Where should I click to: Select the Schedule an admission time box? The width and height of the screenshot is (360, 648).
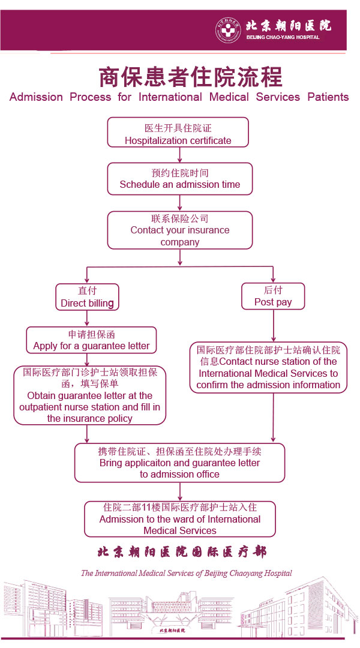pos(179,179)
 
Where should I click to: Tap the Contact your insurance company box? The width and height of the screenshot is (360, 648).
pos(179,230)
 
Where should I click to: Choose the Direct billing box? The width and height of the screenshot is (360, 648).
pos(87,297)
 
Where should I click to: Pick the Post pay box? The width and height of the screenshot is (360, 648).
pos(273,296)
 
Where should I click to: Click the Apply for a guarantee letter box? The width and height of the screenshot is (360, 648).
pos(91,340)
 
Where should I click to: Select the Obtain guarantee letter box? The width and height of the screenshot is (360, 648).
pos(89,395)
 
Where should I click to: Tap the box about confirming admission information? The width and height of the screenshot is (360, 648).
pos(268,367)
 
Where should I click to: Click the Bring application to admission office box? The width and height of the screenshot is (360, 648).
pos(179,463)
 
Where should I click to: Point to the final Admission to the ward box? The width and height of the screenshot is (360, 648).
pos(179,519)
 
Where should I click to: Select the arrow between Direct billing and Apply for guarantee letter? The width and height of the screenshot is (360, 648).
pos(88,319)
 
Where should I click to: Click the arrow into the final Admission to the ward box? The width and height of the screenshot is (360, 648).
pos(180,492)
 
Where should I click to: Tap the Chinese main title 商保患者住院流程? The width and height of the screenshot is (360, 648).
pos(190,77)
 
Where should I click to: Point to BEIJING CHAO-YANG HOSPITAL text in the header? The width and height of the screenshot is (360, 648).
pos(283,37)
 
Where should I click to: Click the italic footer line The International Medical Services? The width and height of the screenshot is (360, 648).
pos(186,573)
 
